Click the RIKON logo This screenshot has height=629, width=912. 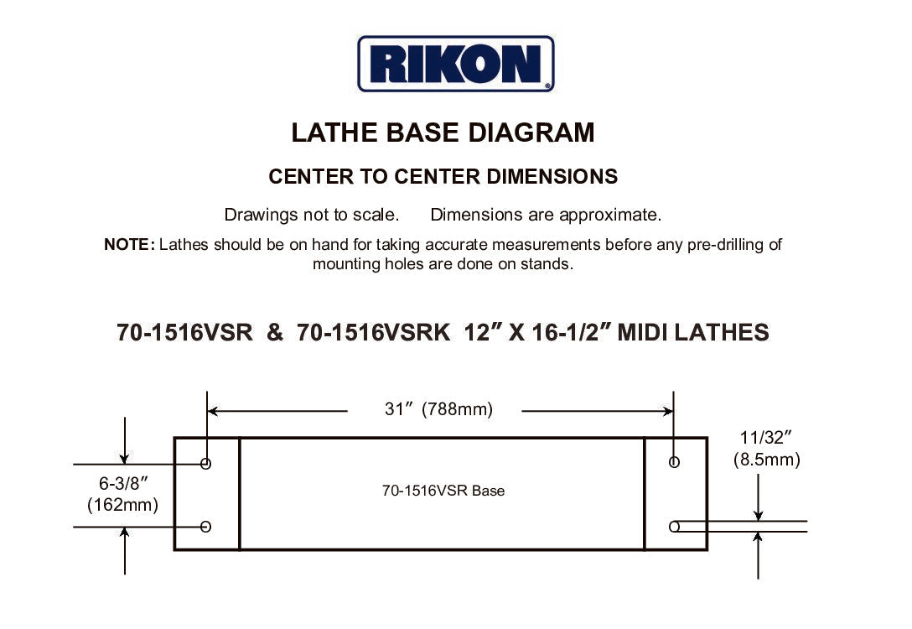(455, 64)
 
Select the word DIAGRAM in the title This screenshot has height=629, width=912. (531, 133)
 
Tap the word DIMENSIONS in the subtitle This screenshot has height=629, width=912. (552, 176)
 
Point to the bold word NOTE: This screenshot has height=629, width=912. (130, 244)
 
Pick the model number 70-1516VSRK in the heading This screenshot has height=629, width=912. (373, 333)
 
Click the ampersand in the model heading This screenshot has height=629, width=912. (275, 333)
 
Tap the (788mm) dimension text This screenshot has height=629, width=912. (457, 409)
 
